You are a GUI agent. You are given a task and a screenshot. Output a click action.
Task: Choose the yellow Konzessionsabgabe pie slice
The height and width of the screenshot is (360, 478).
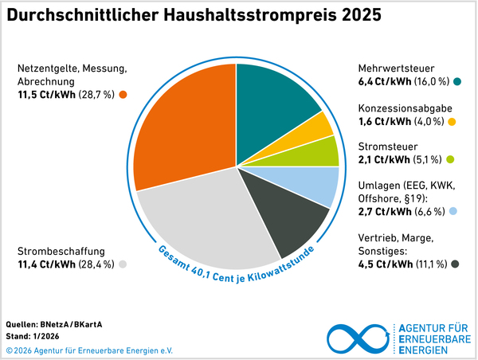(x=322, y=125)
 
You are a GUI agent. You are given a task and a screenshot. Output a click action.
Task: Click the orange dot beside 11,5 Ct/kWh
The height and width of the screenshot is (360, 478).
(x=123, y=96)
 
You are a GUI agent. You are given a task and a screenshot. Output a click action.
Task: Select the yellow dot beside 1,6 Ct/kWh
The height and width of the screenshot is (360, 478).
(x=452, y=122)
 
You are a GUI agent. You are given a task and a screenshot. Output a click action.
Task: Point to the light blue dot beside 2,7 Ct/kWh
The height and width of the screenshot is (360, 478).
(x=452, y=211)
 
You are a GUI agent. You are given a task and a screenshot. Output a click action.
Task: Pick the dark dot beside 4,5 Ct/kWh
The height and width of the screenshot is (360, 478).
(x=455, y=264)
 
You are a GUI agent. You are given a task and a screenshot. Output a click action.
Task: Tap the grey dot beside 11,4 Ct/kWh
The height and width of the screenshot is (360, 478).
(x=123, y=264)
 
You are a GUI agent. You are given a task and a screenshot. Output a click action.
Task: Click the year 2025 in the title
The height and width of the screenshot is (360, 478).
(x=355, y=15)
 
